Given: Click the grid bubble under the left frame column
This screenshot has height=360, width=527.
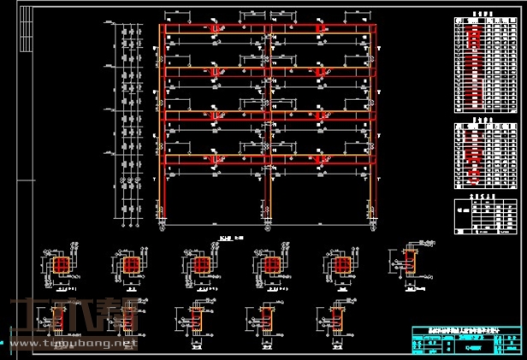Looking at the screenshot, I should [x=163, y=227].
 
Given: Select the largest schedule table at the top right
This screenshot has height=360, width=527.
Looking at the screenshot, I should [x=485, y=66].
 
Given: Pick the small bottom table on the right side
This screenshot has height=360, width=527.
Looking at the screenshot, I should [x=485, y=216].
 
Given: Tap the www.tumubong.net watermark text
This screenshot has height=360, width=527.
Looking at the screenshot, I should [x=73, y=344].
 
